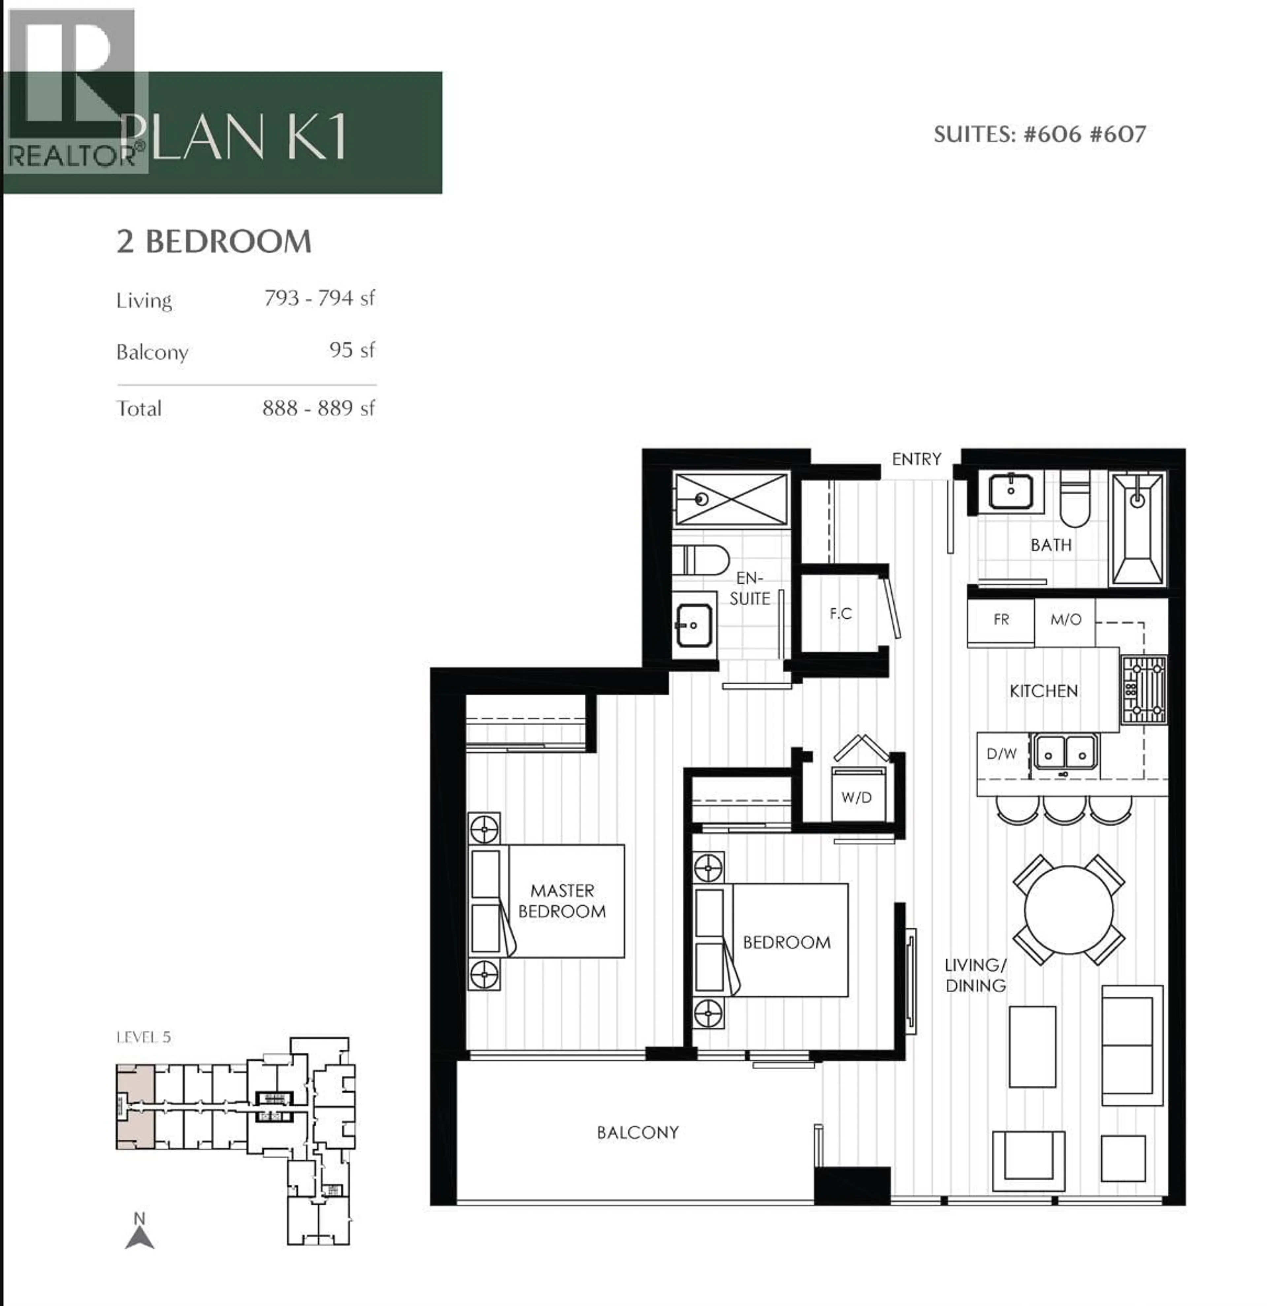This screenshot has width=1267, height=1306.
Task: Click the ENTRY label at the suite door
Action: click(x=916, y=459)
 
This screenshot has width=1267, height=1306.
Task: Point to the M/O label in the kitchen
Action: click(x=1065, y=620)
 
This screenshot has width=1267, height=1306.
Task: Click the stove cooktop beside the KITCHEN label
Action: click(x=1144, y=690)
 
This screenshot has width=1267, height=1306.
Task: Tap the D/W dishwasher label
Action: click(x=1001, y=754)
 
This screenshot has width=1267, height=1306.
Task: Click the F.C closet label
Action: click(x=840, y=614)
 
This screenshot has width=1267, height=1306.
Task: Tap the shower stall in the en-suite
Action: click(x=731, y=499)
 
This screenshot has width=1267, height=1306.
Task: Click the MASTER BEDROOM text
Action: click(x=562, y=901)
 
